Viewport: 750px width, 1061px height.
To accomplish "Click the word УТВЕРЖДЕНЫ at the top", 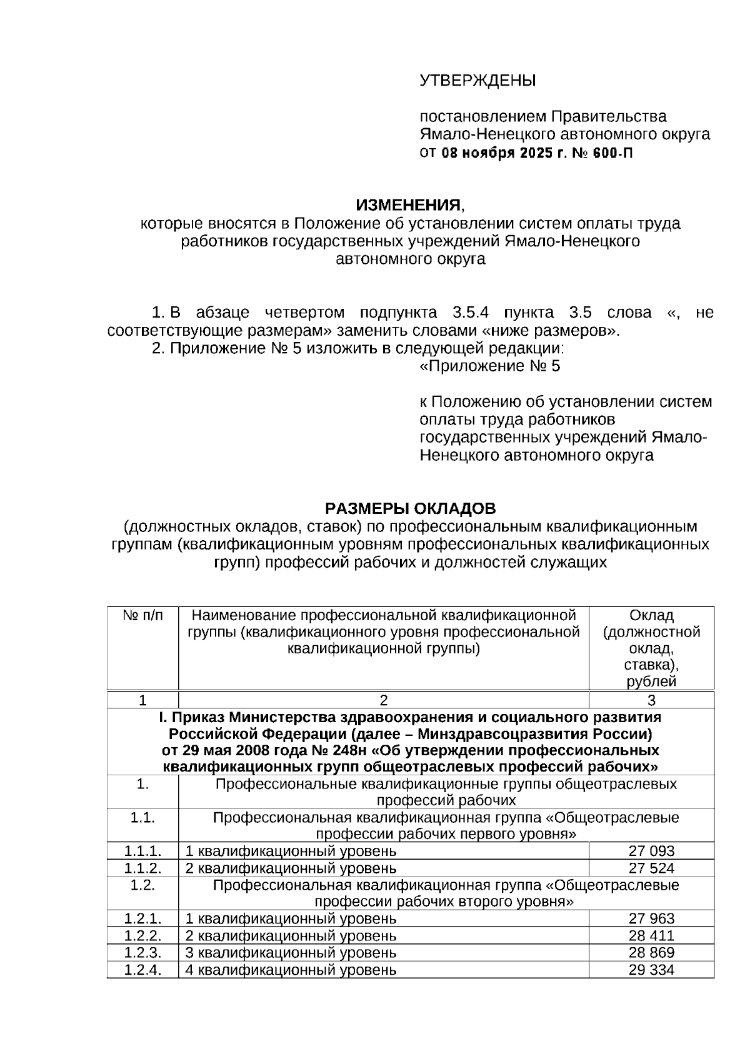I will coord(477,81).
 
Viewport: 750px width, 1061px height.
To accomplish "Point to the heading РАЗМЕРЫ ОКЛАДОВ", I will coord(410,508).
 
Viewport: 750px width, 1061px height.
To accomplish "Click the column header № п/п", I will coord(142,615).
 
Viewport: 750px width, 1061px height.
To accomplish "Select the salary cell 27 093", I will coord(651,851).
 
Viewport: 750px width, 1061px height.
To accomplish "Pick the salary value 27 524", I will coord(651,868).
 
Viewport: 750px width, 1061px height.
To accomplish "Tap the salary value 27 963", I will coord(651,918).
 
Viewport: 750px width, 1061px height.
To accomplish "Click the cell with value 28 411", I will coord(651,936).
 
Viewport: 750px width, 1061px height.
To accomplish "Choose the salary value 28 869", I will coord(651,953).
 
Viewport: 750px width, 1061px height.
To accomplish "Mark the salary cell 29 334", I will coord(651,970).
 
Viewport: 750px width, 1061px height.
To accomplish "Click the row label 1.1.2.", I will coord(142,868).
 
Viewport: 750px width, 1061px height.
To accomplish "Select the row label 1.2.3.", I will coord(142,953).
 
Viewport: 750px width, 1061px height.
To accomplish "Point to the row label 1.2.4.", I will coord(142,970).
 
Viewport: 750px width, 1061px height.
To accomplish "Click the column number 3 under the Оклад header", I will coord(651,700).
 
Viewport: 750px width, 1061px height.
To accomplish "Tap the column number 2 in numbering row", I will coord(384,700).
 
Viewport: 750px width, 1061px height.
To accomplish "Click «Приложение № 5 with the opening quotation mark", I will coord(490,366).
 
